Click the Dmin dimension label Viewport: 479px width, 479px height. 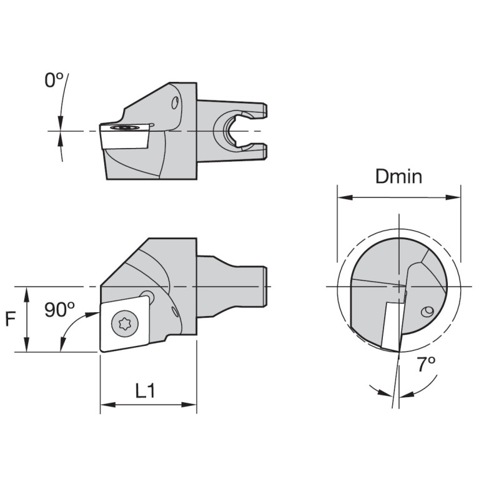(x=398, y=177)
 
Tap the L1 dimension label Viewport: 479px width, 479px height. (x=146, y=391)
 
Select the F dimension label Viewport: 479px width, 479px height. (x=11, y=319)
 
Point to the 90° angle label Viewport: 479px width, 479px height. (x=59, y=310)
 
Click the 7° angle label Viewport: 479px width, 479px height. (x=426, y=364)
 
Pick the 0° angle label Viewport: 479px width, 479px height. (x=54, y=81)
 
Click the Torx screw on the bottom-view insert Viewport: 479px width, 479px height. (x=125, y=323)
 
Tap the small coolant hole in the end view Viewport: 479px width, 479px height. (x=427, y=312)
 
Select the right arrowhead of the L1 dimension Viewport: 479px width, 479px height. (x=189, y=405)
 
